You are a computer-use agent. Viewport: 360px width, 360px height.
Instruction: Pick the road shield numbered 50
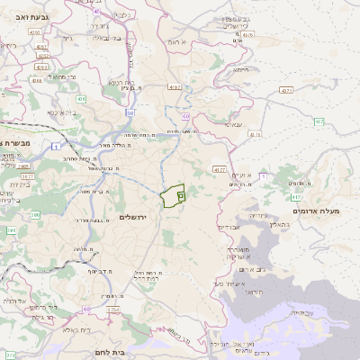click(130, 113)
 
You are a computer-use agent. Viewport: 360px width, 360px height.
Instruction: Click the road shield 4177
click(220, 169)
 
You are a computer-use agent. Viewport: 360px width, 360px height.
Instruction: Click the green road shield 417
click(296, 196)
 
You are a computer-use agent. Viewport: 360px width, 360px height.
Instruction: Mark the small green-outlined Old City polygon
click(173, 195)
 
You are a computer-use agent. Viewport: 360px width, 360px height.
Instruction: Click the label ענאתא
click(229, 126)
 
